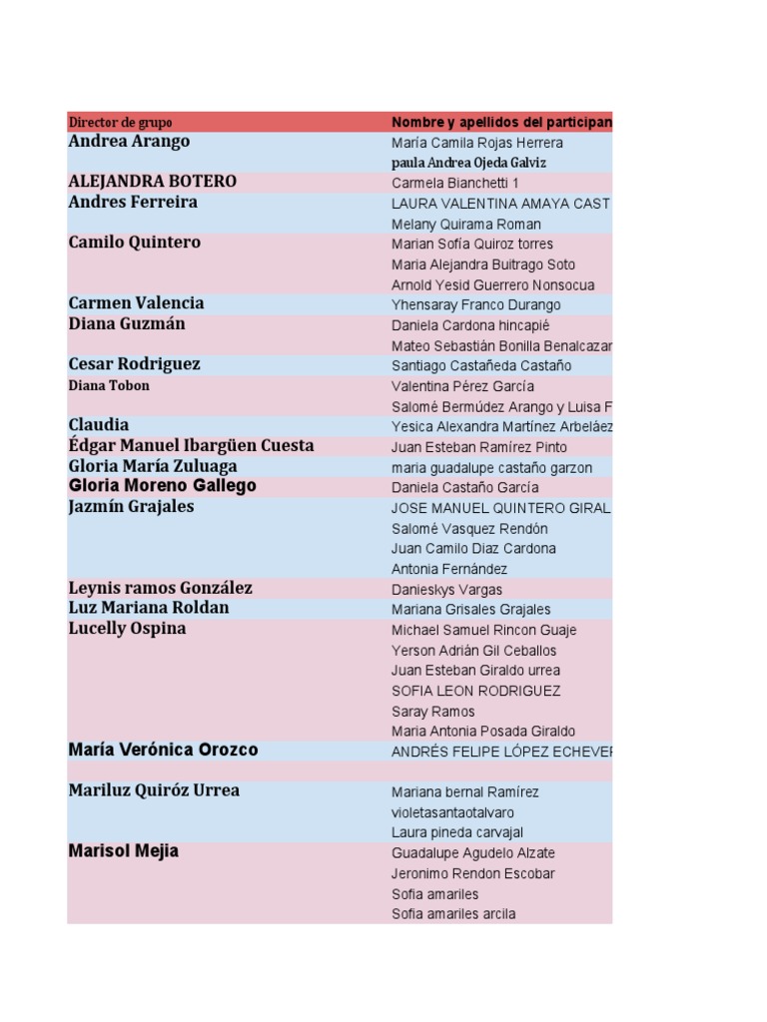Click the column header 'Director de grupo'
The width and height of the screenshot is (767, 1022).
(121, 122)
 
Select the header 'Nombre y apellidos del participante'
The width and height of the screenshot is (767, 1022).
(501, 122)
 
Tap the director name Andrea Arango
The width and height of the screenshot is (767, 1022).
(129, 142)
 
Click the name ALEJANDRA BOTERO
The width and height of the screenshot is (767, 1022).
(153, 182)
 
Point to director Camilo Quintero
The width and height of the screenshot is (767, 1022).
(135, 243)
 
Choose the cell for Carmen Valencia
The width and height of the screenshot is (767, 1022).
(136, 303)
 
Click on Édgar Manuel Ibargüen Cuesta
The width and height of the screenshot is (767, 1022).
(191, 446)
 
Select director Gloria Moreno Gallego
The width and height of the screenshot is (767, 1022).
(163, 486)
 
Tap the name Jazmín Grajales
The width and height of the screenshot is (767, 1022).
(131, 507)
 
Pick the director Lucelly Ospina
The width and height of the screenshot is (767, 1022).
(127, 629)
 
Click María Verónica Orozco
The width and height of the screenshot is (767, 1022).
(163, 750)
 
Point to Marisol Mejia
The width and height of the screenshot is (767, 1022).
(124, 851)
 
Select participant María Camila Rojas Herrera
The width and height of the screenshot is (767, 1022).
(477, 143)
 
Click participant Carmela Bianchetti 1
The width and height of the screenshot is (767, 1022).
(455, 184)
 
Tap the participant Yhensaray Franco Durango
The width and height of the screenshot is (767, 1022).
(476, 305)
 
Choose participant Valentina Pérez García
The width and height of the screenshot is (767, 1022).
(462, 386)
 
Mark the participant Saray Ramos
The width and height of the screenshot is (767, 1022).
(433, 712)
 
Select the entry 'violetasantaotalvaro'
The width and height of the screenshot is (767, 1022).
(453, 812)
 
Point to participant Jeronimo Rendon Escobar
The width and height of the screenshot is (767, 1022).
(473, 873)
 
